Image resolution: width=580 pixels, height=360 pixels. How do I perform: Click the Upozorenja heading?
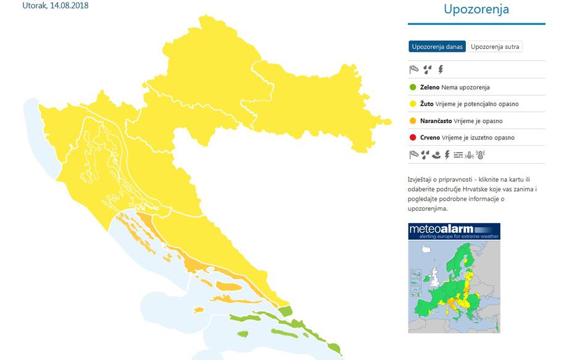476,10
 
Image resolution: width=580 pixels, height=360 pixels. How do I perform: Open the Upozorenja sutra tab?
495,47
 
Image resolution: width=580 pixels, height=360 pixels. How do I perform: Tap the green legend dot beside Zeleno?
413,88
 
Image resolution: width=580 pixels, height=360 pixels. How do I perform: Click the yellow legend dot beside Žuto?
413,104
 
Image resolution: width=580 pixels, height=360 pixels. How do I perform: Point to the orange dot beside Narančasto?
413,121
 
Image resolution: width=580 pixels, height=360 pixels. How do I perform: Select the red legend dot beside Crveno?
413,138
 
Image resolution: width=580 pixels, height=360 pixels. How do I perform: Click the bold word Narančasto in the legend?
436,121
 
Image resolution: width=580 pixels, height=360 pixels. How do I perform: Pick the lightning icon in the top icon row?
441,70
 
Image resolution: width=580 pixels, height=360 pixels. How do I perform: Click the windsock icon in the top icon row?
413,70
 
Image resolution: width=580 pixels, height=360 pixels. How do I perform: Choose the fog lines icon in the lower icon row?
458,155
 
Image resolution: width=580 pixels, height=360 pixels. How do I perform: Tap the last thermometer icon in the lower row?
481,155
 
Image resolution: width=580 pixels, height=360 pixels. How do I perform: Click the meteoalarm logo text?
441,229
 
